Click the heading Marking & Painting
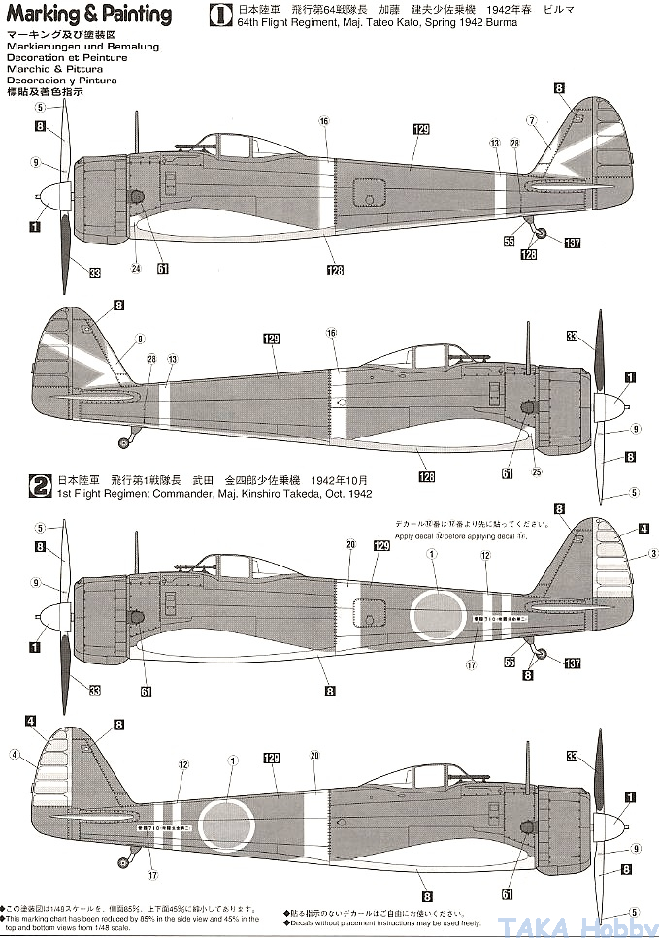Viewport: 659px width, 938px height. click(x=88, y=15)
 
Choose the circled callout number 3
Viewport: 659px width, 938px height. click(x=629, y=555)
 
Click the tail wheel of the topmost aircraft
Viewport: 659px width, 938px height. click(x=542, y=231)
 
